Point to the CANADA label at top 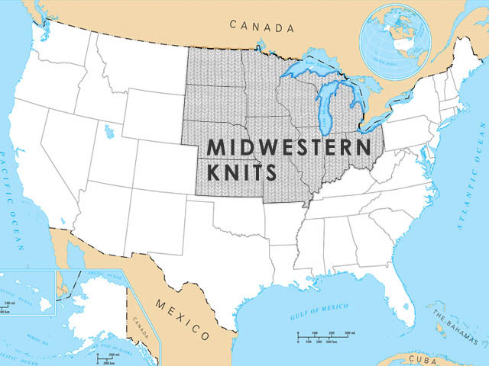[262, 27]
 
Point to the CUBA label [422, 358]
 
